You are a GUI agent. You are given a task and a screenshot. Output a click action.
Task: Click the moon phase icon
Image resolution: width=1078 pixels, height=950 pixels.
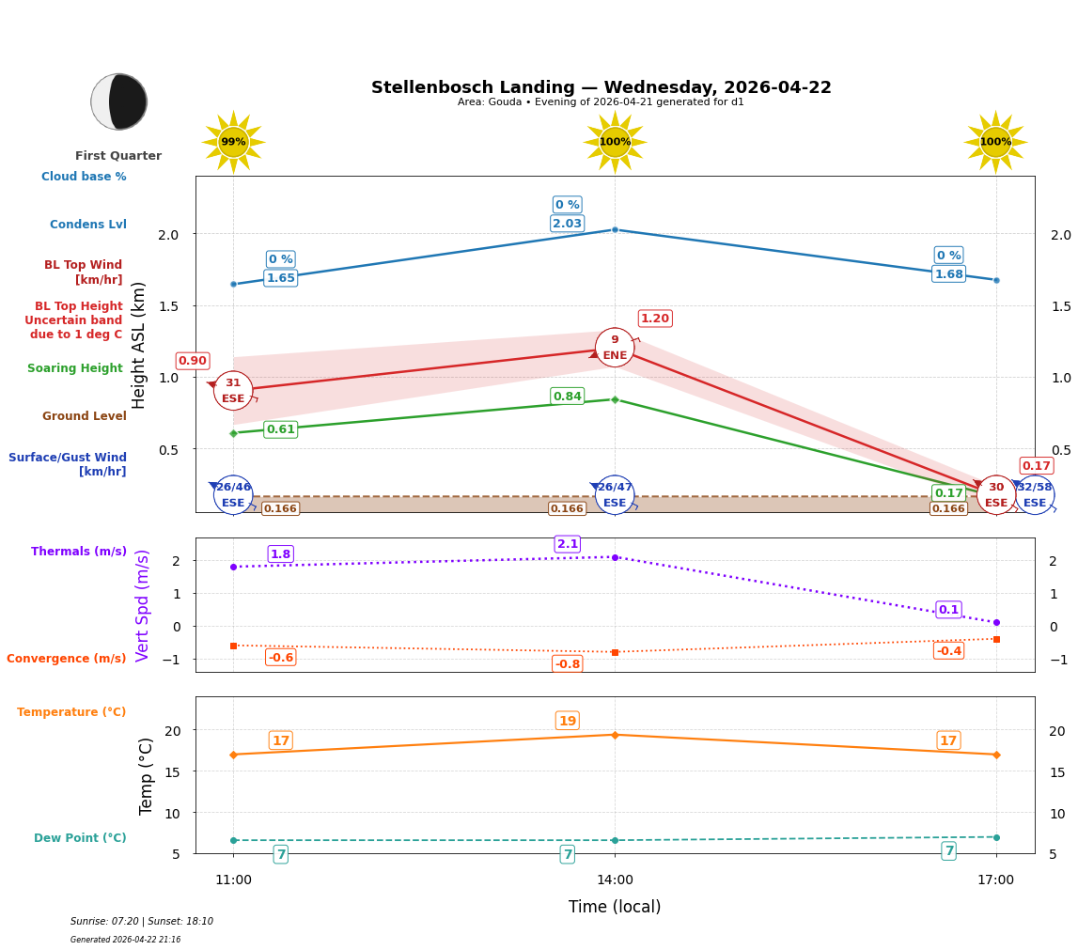[119, 101]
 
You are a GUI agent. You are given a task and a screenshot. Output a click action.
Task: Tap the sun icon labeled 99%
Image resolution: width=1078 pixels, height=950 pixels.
[233, 142]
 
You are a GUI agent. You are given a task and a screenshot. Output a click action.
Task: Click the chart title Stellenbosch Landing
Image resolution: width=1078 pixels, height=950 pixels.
[601, 87]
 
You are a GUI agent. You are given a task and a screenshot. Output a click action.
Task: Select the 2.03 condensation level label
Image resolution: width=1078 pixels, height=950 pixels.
[568, 224]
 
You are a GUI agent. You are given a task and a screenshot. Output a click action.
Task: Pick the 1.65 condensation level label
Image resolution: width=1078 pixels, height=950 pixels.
[280, 278]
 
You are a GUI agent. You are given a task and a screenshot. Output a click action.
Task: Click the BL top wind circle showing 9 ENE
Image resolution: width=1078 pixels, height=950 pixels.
[615, 348]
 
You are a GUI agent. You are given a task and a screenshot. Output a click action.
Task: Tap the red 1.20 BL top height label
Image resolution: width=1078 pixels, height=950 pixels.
[655, 319]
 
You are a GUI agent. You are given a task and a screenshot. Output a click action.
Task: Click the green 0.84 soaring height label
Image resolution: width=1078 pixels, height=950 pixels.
[568, 397]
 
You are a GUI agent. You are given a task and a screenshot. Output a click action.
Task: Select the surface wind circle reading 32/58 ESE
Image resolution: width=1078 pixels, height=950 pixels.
[1035, 494]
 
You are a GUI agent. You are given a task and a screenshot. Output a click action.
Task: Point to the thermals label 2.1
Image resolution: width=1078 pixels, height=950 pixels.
[568, 544]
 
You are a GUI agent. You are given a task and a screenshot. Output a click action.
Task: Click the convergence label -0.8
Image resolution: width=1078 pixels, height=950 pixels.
[568, 664]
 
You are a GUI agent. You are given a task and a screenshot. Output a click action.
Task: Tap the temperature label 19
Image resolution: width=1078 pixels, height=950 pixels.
[568, 721]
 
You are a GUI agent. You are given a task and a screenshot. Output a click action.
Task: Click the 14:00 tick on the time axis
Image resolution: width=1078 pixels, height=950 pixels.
[615, 880]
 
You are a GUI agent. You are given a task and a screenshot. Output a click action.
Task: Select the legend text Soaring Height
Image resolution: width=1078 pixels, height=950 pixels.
[75, 368]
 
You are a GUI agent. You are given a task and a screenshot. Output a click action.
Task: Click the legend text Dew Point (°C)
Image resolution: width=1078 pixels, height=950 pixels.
[80, 838]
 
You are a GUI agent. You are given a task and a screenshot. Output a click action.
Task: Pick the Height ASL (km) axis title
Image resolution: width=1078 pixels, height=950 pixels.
[139, 345]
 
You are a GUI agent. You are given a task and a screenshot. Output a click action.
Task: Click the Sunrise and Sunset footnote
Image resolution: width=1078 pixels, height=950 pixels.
[142, 922]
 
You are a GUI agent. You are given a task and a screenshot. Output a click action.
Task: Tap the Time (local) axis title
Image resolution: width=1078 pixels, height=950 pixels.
[615, 907]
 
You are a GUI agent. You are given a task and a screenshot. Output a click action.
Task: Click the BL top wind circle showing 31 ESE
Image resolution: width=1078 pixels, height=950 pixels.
[233, 390]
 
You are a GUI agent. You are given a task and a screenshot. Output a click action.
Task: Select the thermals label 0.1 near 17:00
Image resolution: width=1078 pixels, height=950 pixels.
[948, 610]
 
